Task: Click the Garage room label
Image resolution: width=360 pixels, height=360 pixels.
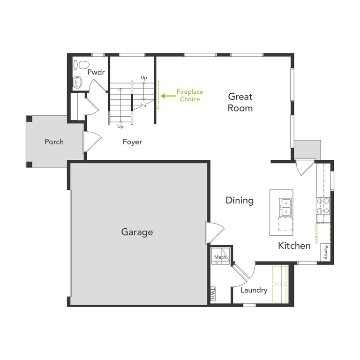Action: tap(137, 232)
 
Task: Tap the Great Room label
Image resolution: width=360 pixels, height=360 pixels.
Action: tap(240, 102)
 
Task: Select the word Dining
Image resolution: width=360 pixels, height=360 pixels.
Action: tap(240, 201)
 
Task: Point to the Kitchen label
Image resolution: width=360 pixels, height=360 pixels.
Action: tap(294, 246)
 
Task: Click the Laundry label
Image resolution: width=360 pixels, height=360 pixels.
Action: tap(254, 290)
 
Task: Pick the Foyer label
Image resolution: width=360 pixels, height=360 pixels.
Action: tap(132, 142)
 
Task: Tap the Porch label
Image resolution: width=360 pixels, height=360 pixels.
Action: tap(54, 142)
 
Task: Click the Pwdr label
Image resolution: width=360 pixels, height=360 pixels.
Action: tap(96, 72)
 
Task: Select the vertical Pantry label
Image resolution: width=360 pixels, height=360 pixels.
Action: tap(325, 251)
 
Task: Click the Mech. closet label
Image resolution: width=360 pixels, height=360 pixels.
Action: tap(220, 257)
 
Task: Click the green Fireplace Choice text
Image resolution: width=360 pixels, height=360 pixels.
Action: tap(188, 96)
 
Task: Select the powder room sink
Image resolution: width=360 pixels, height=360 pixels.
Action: tap(78, 83)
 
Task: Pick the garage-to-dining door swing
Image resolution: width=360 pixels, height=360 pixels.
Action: tap(214, 232)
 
